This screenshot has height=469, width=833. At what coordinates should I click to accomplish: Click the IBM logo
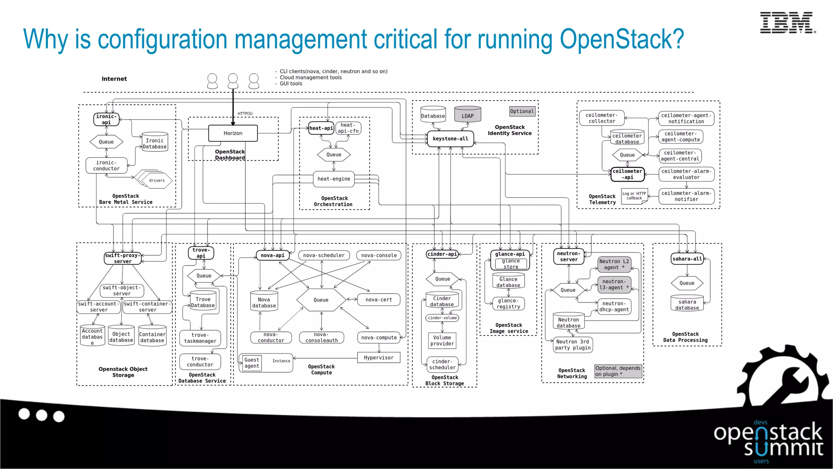(787, 23)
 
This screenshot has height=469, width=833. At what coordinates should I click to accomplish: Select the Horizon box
(233, 133)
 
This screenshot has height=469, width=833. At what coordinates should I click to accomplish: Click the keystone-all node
(450, 139)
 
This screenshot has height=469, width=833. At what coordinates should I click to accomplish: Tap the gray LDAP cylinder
(467, 115)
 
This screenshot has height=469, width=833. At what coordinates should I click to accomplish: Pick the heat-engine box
(334, 179)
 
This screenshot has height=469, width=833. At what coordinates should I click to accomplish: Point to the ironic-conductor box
(106, 166)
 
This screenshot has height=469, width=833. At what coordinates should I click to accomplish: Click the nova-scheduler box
(324, 255)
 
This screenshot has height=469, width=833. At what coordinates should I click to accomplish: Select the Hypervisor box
(378, 357)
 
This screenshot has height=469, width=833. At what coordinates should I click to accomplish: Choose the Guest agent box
(252, 363)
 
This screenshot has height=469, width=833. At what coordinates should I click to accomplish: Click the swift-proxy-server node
(122, 258)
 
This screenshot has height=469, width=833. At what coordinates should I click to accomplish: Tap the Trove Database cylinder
(203, 302)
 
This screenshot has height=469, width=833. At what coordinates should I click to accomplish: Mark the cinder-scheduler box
(442, 364)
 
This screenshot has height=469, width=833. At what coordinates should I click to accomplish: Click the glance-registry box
(508, 304)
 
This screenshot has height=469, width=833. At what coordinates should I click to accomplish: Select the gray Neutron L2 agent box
(614, 264)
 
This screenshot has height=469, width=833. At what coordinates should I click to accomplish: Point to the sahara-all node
(687, 259)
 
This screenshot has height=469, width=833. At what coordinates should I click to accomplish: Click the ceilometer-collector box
(602, 118)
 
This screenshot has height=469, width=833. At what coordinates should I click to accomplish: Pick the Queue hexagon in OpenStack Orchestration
(334, 155)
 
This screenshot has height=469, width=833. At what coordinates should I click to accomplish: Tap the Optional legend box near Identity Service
(522, 111)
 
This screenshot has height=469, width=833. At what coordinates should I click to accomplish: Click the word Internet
(114, 79)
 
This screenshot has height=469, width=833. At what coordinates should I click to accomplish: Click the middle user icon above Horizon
(233, 81)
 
